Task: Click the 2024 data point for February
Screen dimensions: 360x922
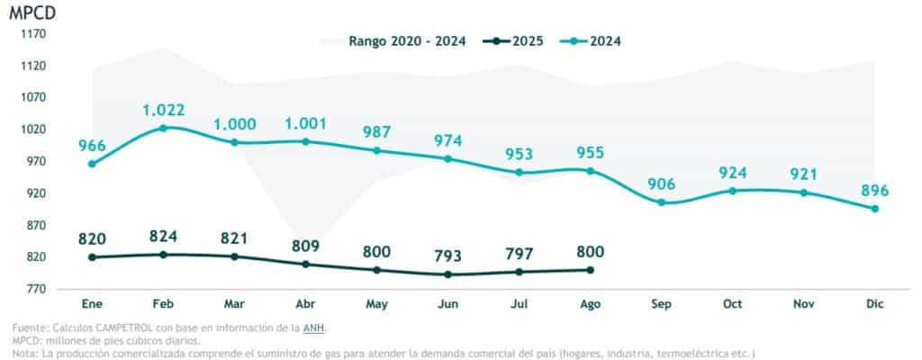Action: pos(163,128)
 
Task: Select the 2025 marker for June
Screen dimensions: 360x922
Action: pos(447,274)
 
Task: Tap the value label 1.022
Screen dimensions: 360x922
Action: pos(163,111)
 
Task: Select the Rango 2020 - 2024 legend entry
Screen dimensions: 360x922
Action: pos(397,41)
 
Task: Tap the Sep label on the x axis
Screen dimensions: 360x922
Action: pos(662,305)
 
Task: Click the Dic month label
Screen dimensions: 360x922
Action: pos(875,305)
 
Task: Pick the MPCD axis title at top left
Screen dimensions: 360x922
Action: pos(32,13)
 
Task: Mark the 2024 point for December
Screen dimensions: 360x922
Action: pos(875,209)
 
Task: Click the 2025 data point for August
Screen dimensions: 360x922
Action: pos(590,270)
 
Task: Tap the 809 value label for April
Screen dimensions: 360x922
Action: pos(305,246)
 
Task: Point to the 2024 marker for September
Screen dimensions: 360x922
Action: pos(662,202)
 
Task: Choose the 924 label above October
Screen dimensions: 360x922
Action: pos(733,173)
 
